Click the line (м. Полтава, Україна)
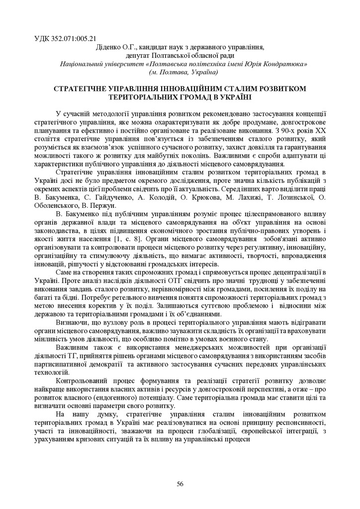click(x=183, y=72)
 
